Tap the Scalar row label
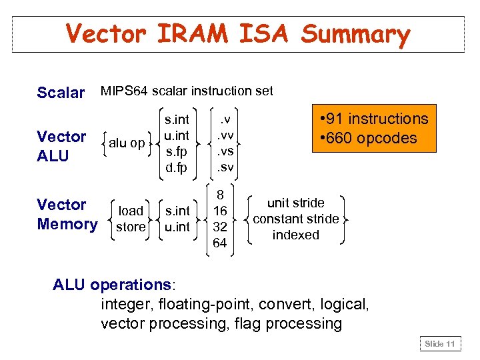[61, 93]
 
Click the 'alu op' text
[127, 143]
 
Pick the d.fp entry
[177, 167]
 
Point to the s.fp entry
[177, 151]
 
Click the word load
[131, 211]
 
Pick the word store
[130, 227]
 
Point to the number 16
[219, 211]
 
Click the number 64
[219, 243]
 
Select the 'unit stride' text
[295, 203]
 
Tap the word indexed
[295, 235]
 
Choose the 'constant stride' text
[295, 219]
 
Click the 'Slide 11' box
[441, 344]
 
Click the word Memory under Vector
[67, 224]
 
